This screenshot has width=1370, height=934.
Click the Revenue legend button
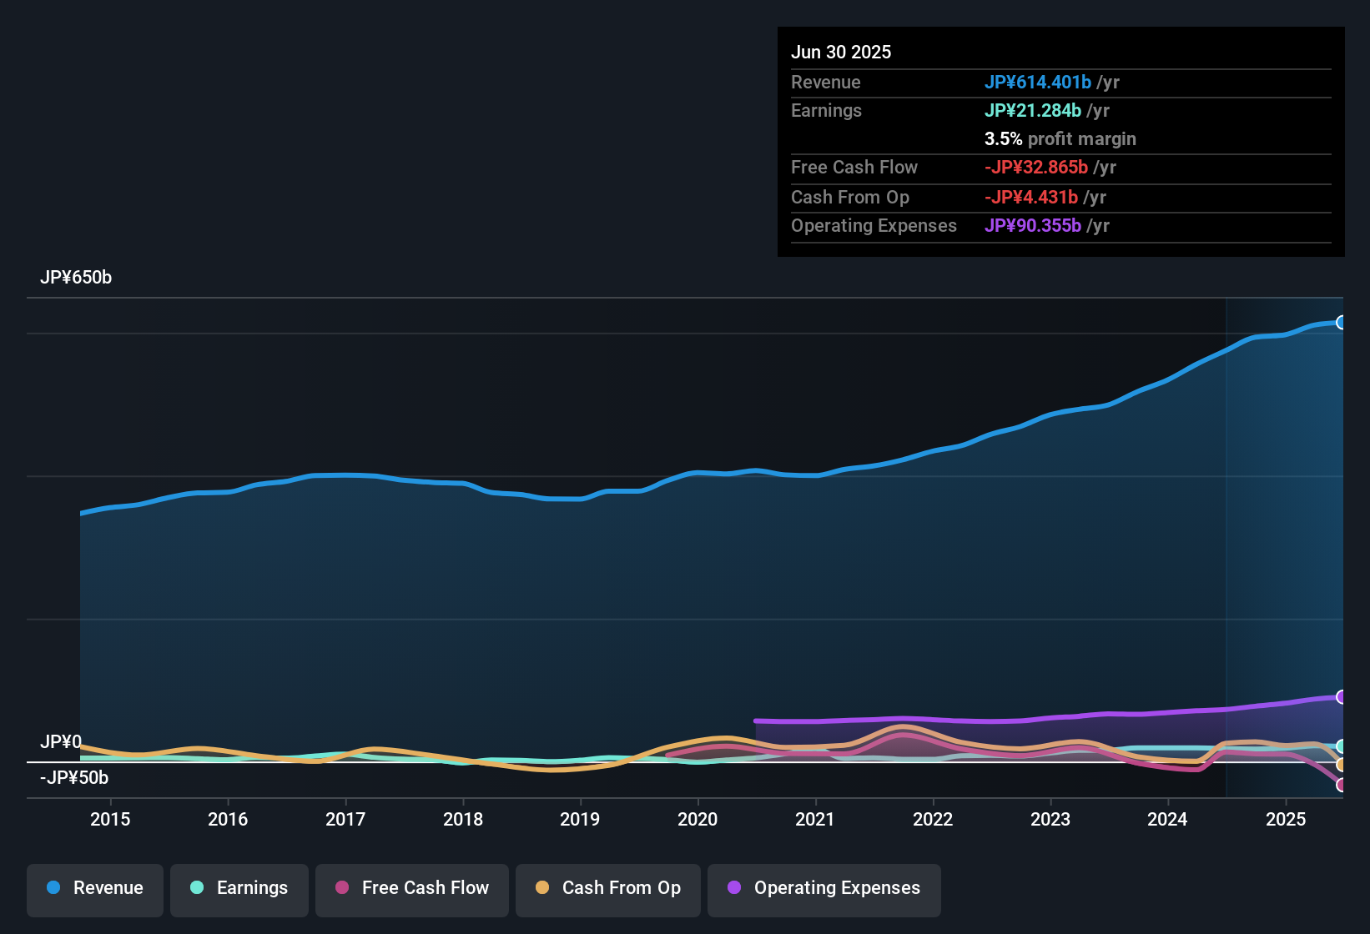point(95,888)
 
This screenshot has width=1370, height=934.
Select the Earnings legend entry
point(239,888)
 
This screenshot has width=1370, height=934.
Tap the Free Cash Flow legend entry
point(412,888)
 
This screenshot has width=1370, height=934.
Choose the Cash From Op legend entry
point(608,888)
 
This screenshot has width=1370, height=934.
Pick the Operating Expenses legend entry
point(824,888)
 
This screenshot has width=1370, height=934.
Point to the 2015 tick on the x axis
point(110,819)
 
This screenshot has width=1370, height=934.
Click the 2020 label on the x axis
point(698,819)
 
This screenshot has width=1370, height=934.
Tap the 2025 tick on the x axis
point(1286,819)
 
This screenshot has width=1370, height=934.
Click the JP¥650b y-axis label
point(76,278)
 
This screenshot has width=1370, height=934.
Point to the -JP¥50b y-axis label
point(74,778)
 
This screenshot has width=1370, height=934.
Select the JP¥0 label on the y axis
point(61,742)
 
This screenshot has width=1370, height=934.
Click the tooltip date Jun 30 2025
point(841,53)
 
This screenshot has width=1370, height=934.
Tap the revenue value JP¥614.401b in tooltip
point(1038,83)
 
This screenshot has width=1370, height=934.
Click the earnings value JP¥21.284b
point(1033,111)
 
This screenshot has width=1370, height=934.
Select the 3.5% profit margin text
point(1060,139)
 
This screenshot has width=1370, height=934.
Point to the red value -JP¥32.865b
point(1036,168)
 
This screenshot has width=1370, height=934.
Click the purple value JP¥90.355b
point(1033,226)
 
